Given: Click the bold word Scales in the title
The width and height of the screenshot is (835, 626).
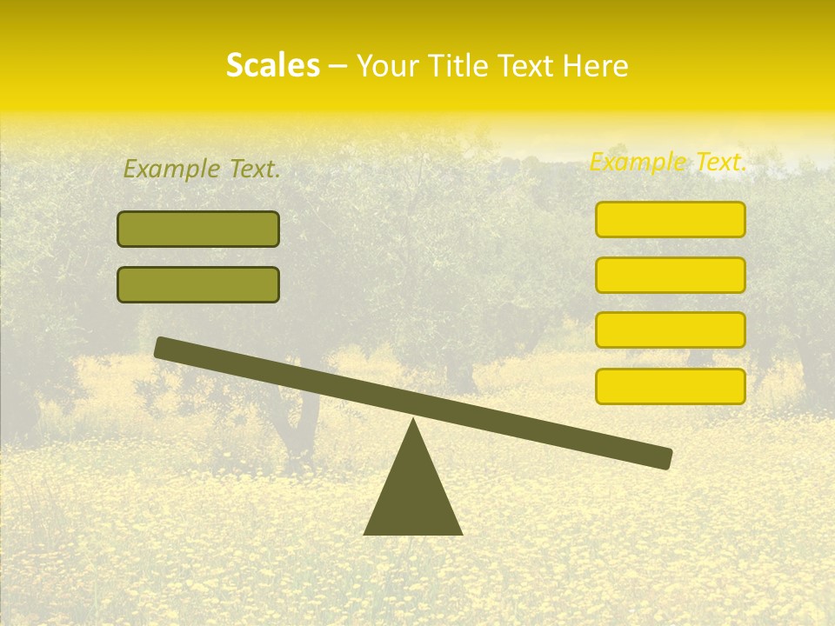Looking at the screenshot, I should [272, 65].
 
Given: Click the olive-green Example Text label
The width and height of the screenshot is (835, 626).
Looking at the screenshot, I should [202, 169].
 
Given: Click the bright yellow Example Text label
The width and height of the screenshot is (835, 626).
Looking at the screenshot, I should [668, 162].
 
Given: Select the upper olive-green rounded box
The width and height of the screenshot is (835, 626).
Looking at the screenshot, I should [198, 229].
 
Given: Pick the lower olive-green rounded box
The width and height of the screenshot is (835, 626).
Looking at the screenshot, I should [198, 284].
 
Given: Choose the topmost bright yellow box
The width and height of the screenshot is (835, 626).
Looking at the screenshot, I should [670, 219].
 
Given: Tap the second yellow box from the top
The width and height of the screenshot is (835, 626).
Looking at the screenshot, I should [670, 275].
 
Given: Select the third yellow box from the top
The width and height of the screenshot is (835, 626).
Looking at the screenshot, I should [670, 330].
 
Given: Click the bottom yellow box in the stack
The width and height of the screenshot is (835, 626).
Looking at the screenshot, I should [670, 386].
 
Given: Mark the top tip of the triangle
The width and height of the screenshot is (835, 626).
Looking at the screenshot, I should [413, 420].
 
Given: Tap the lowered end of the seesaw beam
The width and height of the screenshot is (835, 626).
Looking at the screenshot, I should [665, 458].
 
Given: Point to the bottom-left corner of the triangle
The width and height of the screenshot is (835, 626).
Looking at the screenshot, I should [365, 533].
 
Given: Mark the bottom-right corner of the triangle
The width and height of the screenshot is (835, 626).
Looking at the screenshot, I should [461, 533].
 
